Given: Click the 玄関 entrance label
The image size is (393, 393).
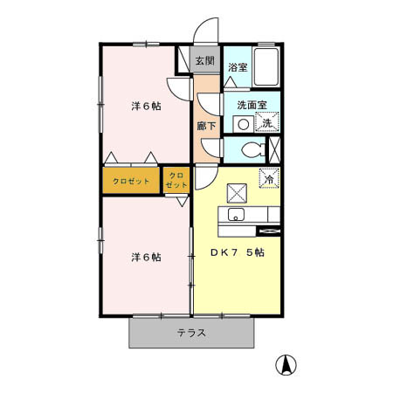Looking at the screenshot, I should coord(204,61).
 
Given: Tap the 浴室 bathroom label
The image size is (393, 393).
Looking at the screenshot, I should coord(237,67).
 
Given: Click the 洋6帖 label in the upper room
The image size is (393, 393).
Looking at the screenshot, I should coord(146,106).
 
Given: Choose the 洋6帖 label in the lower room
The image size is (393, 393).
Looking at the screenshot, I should coord(146,257).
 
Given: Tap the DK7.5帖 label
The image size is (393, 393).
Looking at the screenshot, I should coord(237,252).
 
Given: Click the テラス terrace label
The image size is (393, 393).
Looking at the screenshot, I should coord(191,333).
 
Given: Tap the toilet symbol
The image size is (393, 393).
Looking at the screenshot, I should coord(253,148).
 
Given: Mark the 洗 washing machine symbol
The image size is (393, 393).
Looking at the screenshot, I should coord(268,123).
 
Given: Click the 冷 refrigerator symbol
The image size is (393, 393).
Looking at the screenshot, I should coord(268,177).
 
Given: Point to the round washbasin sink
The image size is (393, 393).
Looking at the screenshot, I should coord(240,123).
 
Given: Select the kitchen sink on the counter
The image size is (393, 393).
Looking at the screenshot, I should coord(235,215).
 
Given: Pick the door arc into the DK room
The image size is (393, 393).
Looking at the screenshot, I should coord(201,178).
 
